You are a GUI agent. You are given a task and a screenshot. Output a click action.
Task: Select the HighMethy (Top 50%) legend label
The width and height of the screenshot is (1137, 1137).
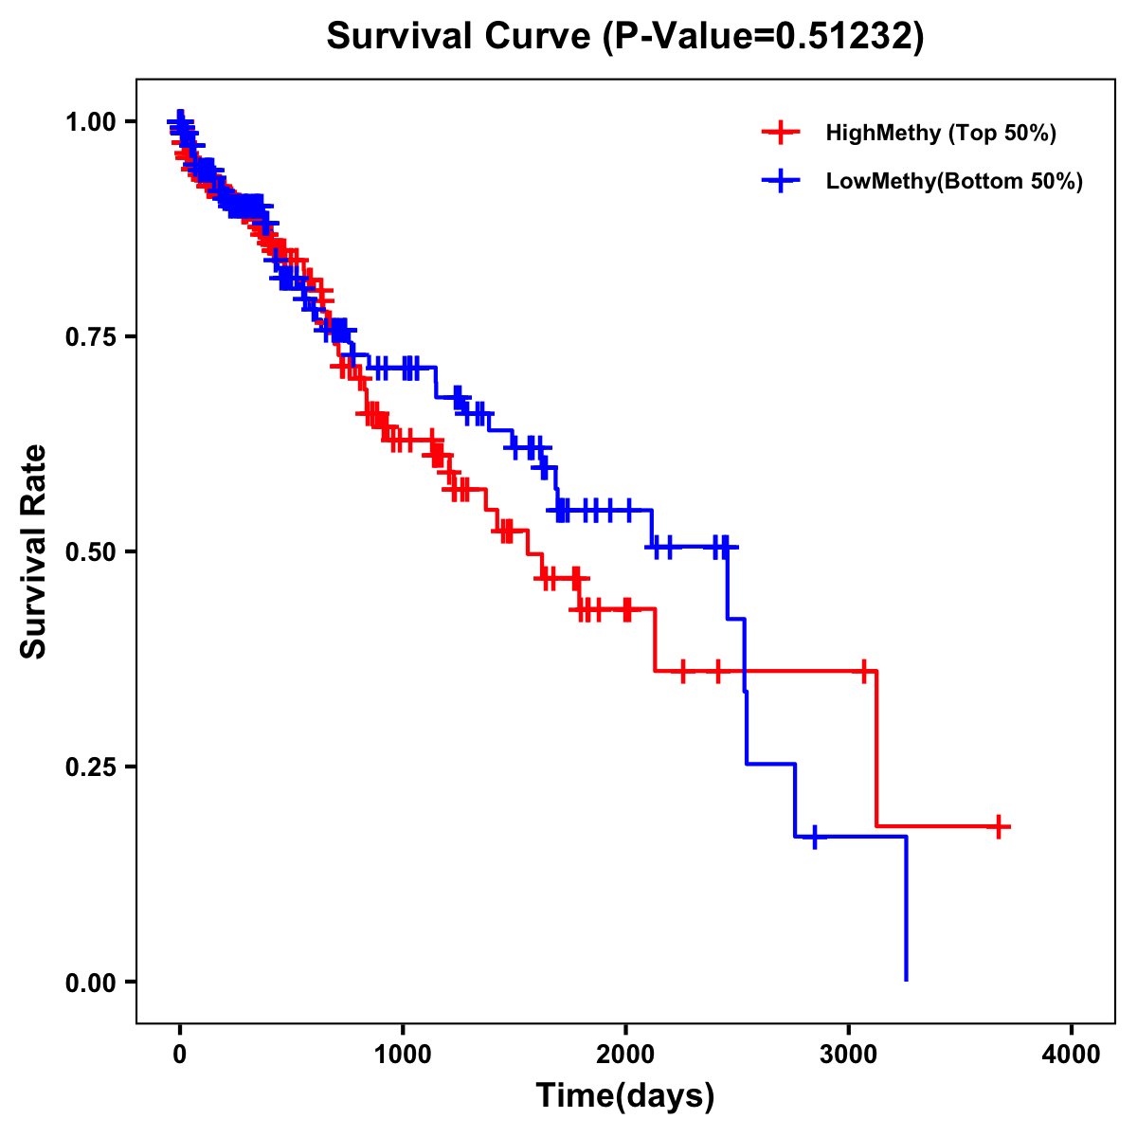coord(940,133)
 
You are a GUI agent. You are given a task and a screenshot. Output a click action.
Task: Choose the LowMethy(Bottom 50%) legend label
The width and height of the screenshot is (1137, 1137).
coord(954,181)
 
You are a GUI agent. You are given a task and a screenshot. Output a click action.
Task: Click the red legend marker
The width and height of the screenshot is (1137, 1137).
coord(780,133)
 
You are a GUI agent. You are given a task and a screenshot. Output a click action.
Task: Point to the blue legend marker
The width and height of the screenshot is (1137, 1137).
coord(780,181)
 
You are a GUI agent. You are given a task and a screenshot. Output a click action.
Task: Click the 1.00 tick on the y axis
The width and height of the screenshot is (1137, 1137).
coord(90,121)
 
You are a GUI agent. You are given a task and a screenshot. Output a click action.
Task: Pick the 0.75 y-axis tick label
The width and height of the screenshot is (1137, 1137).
coord(90,336)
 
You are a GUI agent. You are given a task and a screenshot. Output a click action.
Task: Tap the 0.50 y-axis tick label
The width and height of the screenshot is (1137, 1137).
coord(90,551)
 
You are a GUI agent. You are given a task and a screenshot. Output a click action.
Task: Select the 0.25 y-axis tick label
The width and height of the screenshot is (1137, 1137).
coord(90,767)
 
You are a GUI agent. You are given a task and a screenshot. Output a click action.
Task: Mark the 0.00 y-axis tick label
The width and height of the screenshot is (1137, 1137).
coord(90,982)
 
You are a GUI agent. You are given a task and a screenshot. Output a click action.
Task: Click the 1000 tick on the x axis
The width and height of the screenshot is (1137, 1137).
coord(403,1054)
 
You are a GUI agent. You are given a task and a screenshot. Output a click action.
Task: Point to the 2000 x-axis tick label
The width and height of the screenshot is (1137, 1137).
coord(625,1054)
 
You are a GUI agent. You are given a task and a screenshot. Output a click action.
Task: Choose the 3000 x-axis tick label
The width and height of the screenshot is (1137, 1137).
coord(849,1054)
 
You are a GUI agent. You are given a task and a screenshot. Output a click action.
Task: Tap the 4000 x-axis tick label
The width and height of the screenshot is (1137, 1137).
coord(1072,1054)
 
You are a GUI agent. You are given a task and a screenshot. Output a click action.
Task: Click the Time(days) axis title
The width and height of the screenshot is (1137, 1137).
coord(625,1096)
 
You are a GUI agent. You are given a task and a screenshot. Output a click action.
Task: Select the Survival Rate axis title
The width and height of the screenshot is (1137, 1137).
coord(34,551)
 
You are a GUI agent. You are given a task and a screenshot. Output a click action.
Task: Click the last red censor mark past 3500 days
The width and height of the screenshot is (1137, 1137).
coord(999,826)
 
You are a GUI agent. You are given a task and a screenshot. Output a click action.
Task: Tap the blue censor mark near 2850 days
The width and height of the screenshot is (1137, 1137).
coord(814,837)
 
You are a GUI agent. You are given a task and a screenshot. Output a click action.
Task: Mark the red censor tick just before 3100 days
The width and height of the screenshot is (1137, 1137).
coord(863,671)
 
